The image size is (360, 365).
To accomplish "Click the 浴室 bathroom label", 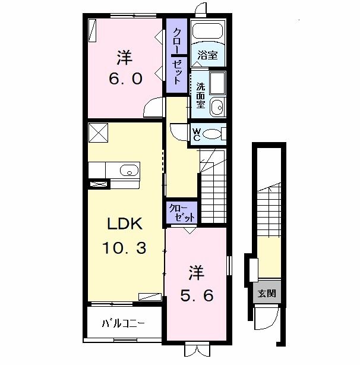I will [x=209, y=55].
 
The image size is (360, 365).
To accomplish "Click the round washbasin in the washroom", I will [x=217, y=108].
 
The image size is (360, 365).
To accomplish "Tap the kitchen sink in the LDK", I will [x=128, y=171].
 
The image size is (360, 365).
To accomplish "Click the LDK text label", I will [x=124, y=225].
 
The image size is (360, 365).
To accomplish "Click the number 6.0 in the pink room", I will [x=124, y=80].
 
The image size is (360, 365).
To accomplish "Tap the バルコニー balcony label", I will [x=123, y=323].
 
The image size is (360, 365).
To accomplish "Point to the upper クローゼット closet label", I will [x=177, y=55].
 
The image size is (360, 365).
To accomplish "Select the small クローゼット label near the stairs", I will [x=181, y=212].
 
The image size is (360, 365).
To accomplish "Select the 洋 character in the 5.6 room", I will [x=197, y=273].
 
